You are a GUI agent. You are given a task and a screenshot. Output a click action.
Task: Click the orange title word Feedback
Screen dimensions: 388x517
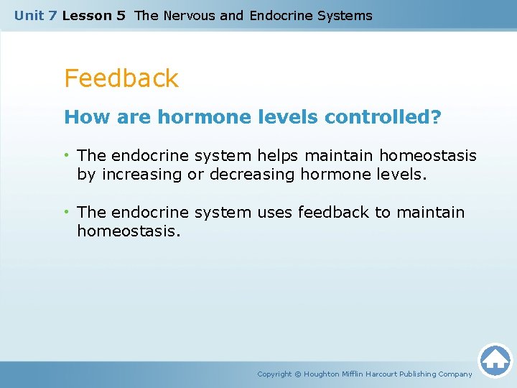(x=121, y=78)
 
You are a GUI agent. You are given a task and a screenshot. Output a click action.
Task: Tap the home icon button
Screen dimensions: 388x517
(x=495, y=359)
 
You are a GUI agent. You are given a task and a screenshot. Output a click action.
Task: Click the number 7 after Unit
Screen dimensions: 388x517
(x=52, y=15)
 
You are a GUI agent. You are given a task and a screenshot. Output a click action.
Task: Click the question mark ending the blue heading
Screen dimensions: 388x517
(x=436, y=117)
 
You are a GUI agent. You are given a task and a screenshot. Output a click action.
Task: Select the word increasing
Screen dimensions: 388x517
(x=142, y=175)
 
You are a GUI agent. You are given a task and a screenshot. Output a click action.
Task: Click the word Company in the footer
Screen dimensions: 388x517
(x=455, y=374)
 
